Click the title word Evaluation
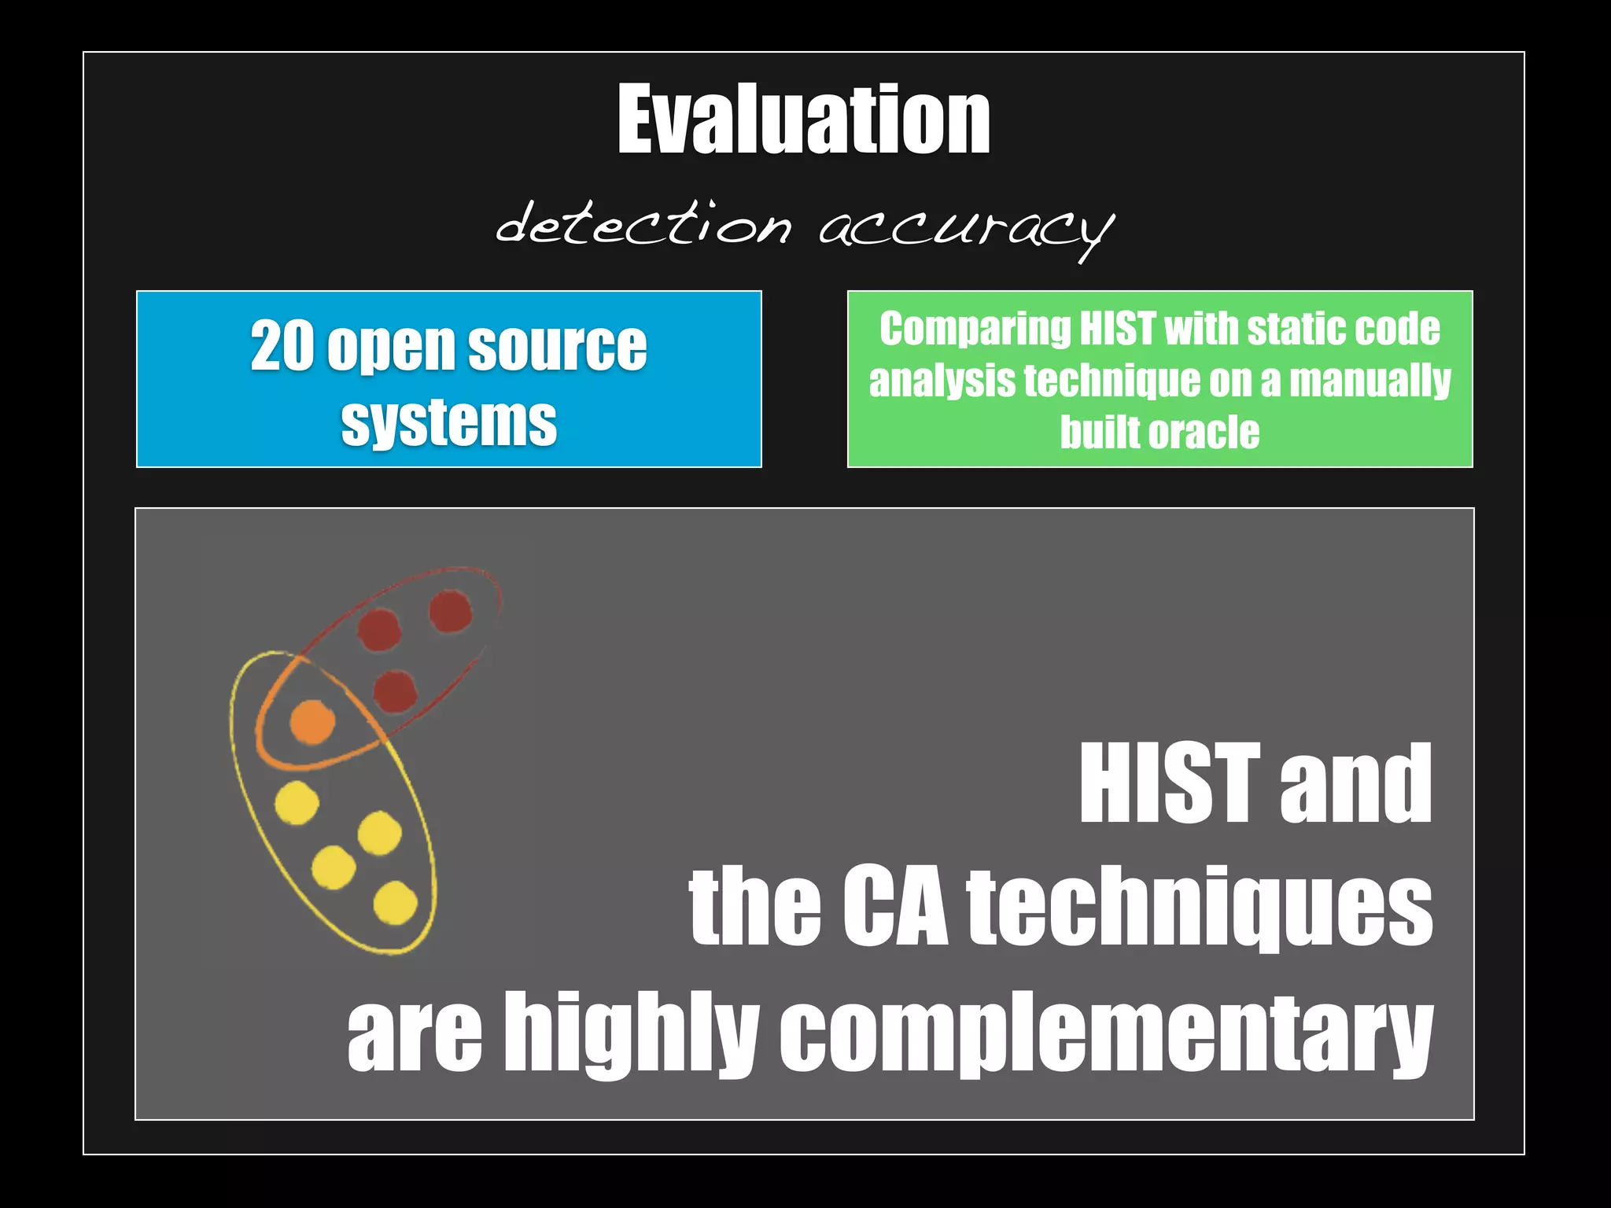(803, 120)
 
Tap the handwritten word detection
(643, 224)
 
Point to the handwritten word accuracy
(965, 228)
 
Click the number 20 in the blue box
(282, 347)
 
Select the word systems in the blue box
(448, 423)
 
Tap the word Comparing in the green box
(975, 329)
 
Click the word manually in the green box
(1370, 381)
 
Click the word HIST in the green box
(1118, 329)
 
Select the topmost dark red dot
(451, 611)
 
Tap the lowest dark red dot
(395, 691)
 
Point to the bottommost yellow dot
(395, 902)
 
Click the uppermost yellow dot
(297, 803)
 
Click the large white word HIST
(1167, 784)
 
